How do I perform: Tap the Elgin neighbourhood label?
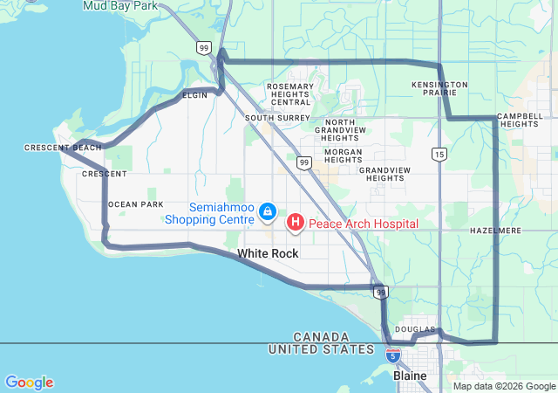(195, 94)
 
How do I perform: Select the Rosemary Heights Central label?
(289, 94)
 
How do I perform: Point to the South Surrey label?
(277, 117)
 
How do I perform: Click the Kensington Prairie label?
(439, 90)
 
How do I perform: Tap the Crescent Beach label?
(63, 148)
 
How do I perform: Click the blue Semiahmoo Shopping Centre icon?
(268, 212)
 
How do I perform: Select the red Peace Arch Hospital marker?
(296, 223)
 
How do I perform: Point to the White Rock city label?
(268, 253)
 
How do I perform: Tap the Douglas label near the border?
(408, 329)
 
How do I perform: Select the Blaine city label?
(410, 376)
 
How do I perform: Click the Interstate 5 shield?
(393, 355)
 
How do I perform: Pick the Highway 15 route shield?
(439, 154)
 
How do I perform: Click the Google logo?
(29, 383)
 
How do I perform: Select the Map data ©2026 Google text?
(504, 386)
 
